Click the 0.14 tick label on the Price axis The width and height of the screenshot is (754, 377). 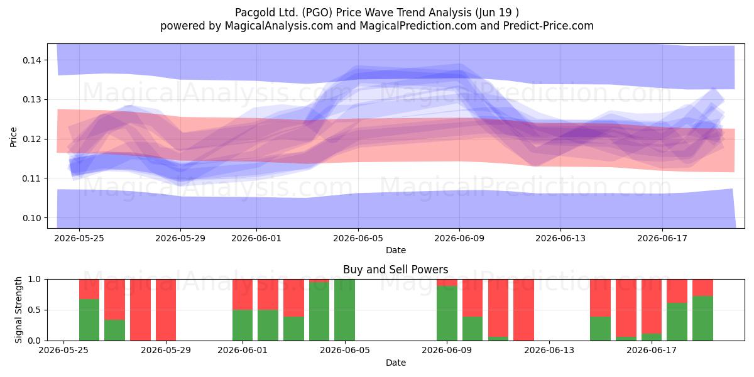coord(31,60)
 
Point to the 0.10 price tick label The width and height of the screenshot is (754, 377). coord(31,218)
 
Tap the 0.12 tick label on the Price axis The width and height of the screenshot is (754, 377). coord(31,139)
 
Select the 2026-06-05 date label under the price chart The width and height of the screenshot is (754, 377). coord(358,238)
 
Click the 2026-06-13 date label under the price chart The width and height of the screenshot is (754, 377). coord(560,238)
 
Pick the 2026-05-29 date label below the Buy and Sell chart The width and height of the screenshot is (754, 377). coord(166,350)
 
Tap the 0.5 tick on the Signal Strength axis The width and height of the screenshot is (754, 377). coord(35,310)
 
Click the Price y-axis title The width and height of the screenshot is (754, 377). coord(13,137)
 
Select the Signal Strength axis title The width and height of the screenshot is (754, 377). coord(18,310)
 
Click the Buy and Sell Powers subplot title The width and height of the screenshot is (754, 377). coord(395,270)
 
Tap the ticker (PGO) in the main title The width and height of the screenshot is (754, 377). coord(317,13)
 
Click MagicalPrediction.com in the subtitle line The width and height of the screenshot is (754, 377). coord(418,26)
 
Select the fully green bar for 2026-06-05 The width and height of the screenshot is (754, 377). coord(345,310)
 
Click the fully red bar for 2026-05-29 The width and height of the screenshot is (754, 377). coord(166,310)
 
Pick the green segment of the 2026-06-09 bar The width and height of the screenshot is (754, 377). coord(447,313)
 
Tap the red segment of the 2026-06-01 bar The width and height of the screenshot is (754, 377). coord(243,295)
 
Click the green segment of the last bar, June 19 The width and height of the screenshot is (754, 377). coord(703,319)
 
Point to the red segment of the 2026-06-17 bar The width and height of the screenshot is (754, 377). coord(652,307)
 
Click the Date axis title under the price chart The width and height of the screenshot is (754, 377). coord(395,250)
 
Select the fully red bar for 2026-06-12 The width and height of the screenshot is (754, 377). coord(524,310)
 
